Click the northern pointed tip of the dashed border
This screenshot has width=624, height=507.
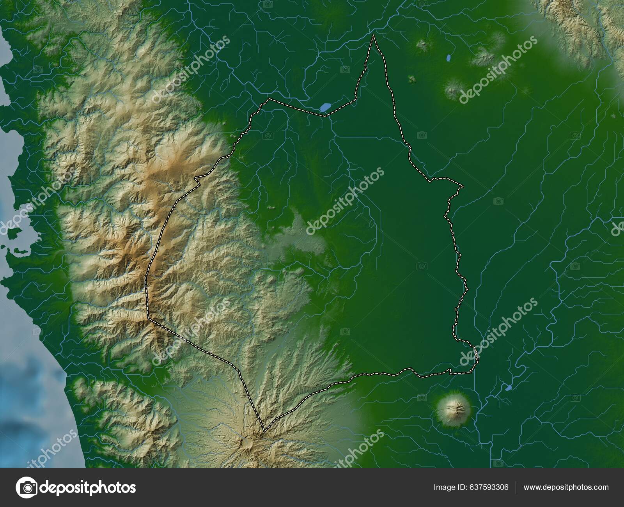(x=373, y=35)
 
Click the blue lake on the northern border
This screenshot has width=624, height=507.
(x=325, y=106)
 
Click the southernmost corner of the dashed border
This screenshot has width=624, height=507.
(x=264, y=431)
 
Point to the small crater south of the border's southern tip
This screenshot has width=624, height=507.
(x=246, y=443)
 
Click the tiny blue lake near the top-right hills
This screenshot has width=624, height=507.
(x=449, y=59)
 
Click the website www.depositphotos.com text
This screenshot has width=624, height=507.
(x=566, y=487)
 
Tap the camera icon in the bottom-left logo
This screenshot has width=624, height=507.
(x=27, y=487)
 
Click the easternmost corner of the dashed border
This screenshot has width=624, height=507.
(x=463, y=186)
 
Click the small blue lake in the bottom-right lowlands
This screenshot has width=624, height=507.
(x=508, y=388)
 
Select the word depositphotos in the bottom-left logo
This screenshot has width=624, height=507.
(x=89, y=487)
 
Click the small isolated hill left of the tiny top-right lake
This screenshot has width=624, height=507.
(x=422, y=44)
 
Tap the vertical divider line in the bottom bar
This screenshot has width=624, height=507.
(x=516, y=487)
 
